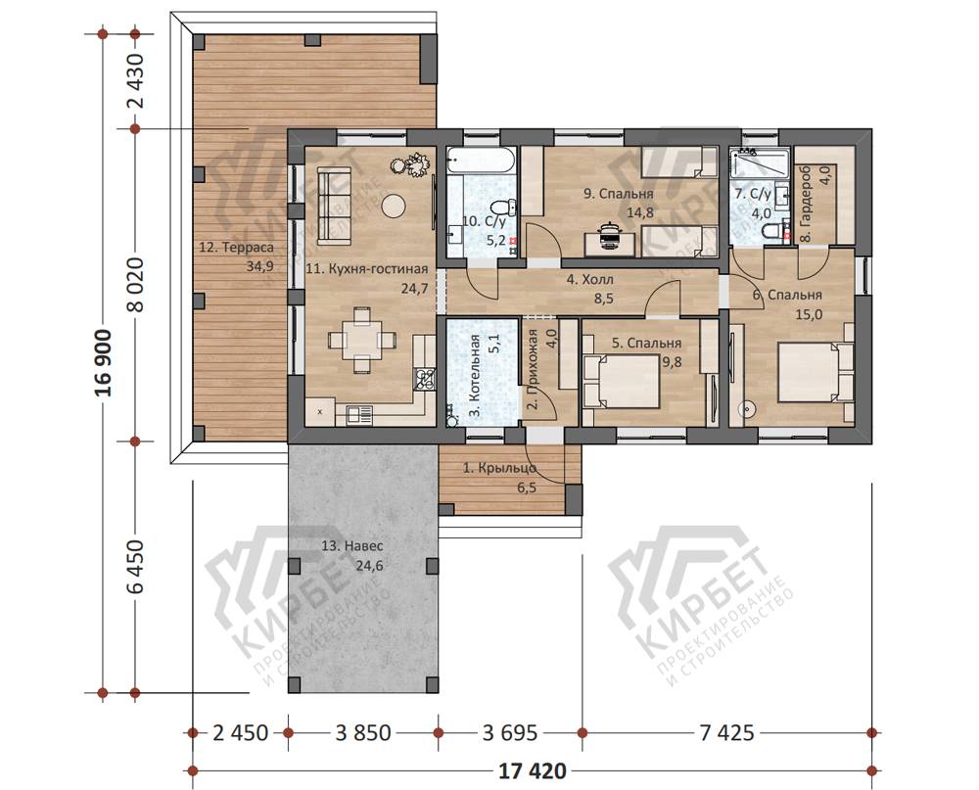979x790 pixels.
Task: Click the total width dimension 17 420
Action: point(533,771)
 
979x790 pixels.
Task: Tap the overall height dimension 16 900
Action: point(103,363)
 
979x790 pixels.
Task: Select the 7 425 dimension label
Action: point(726,732)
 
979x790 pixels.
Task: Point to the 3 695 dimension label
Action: point(510,732)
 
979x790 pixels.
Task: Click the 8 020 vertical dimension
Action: point(135,285)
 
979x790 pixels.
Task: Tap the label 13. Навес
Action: point(352,546)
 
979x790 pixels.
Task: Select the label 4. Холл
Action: point(590,280)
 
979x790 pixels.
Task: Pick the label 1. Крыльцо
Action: point(499,467)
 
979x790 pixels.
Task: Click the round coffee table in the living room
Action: point(394,205)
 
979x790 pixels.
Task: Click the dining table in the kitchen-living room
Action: point(362,340)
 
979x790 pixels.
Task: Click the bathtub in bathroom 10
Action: point(481,162)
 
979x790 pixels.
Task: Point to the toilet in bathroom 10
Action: point(502,207)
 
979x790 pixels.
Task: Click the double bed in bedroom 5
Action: point(622,381)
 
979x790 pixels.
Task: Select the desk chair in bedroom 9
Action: point(609,236)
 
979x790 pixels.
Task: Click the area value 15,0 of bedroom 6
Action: point(809,314)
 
